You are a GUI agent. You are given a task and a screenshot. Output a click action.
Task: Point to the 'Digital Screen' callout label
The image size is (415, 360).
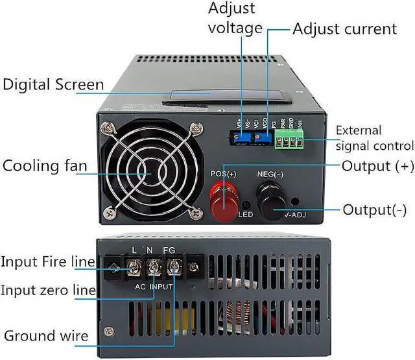53,84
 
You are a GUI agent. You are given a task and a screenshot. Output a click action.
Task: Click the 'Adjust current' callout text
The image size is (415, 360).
344,29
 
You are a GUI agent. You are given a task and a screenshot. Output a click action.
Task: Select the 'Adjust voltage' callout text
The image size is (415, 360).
235,19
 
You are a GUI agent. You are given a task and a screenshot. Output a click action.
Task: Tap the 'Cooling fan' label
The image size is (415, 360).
45,165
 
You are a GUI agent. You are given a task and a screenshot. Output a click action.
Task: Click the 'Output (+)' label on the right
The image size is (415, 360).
377,165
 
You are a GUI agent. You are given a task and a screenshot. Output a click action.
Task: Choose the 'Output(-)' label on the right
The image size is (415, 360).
374,210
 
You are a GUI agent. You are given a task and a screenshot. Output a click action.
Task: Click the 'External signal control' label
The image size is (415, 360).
374,138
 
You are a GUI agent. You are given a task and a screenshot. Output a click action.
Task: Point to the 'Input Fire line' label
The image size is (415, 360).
47,262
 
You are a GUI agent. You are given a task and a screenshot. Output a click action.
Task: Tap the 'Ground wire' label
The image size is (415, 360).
46,335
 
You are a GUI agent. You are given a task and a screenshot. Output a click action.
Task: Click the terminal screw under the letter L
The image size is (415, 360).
136,265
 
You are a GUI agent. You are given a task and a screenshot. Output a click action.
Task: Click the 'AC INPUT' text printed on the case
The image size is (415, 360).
154,285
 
